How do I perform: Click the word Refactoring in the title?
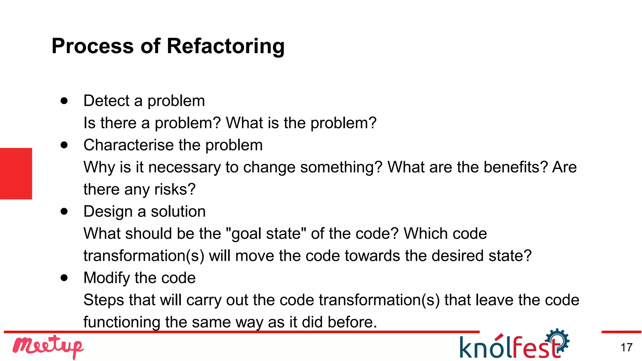(x=225, y=46)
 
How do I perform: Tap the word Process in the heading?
(x=92, y=46)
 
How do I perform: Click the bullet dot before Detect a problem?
(x=64, y=101)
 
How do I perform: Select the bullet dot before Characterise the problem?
(x=64, y=145)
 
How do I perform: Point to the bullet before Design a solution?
(x=64, y=211)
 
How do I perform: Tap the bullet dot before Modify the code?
(x=64, y=278)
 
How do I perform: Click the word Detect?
(x=106, y=101)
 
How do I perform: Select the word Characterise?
(x=129, y=145)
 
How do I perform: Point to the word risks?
(x=175, y=189)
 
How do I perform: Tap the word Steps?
(x=103, y=300)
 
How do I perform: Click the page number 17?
(x=626, y=348)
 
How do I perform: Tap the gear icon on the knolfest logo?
(x=558, y=340)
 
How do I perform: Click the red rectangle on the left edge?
(x=16, y=174)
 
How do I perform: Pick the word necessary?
(x=184, y=167)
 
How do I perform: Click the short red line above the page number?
(x=621, y=332)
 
